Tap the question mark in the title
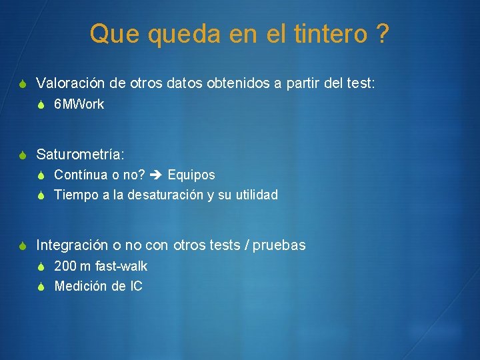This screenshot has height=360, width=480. click(382, 34)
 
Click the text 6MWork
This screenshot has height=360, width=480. click(79, 104)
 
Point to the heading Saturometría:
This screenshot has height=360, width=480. click(80, 154)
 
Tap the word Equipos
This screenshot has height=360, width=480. click(191, 175)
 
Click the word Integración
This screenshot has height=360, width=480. click(72, 245)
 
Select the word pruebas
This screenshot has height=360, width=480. click(280, 245)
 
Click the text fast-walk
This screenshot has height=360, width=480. click(121, 266)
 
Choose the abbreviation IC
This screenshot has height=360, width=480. click(136, 286)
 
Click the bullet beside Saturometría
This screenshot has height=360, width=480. click(23, 155)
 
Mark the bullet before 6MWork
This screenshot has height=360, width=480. click(41, 105)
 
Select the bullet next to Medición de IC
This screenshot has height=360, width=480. click(41, 287)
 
